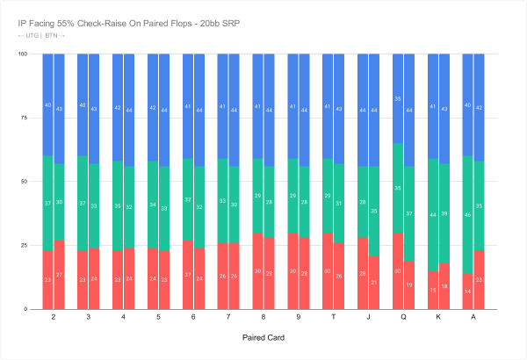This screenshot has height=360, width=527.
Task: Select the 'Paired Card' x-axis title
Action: tap(263, 336)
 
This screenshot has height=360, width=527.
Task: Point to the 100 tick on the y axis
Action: tap(23, 54)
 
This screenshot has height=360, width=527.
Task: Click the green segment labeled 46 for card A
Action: tap(468, 215)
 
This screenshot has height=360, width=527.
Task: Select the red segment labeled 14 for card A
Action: tap(468, 292)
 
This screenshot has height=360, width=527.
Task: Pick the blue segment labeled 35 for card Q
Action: tap(398, 98)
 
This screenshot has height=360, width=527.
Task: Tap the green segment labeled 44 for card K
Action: tap(433, 215)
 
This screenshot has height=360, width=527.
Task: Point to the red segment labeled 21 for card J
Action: tap(375, 283)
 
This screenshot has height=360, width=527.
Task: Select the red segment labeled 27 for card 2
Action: tap(59, 275)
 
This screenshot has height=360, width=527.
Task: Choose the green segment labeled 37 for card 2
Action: tap(47, 204)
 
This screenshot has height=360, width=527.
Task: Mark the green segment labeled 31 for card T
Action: tap(340, 204)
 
